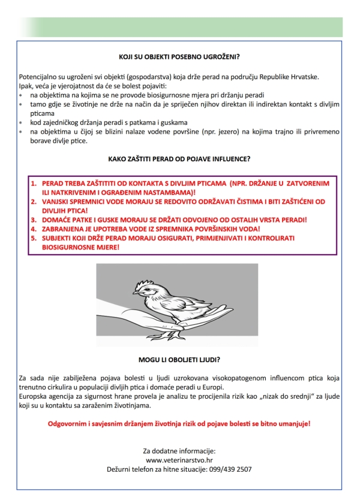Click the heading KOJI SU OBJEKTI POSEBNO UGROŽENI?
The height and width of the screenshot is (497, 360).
pos(179,58)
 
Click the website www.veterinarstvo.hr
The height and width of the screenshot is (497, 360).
pos(179,460)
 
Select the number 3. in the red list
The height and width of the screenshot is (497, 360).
pos(34,220)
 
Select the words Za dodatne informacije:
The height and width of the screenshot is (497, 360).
pos(179,450)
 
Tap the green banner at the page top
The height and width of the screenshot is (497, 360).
pos(180,27)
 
